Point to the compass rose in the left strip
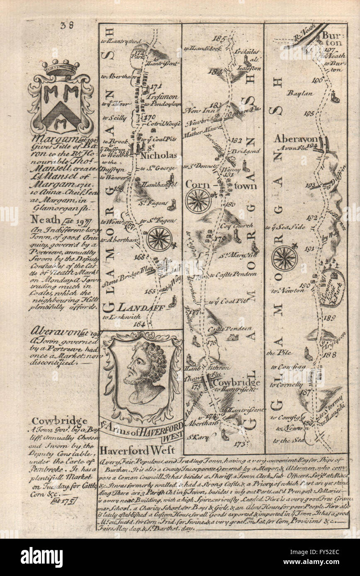[159, 238]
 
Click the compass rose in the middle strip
[198, 200]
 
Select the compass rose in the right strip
[285, 257]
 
